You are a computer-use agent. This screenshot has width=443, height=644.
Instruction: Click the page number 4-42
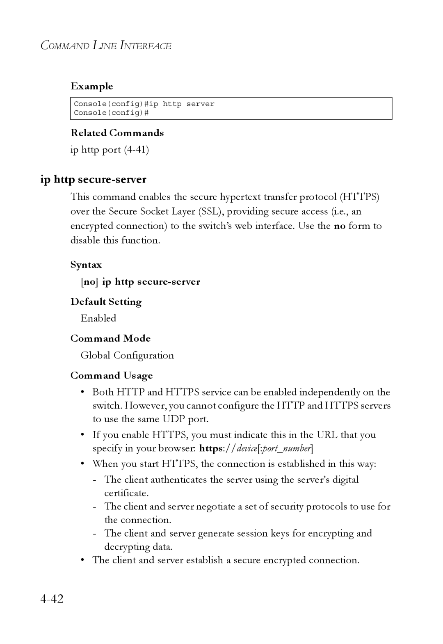[x=52, y=599]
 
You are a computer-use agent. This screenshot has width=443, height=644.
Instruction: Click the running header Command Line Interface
[x=106, y=46]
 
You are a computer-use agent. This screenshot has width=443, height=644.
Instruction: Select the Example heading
[x=91, y=86]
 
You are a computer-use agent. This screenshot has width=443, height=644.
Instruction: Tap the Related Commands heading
[x=117, y=133]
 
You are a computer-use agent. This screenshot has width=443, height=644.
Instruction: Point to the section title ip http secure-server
[x=94, y=179]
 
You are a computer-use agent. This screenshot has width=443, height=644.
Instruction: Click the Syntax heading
[x=86, y=265]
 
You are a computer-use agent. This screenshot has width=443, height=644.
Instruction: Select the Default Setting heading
[x=106, y=302]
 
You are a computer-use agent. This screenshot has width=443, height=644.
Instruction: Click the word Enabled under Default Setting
[x=98, y=318]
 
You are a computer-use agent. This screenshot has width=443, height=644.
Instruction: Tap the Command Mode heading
[x=110, y=338]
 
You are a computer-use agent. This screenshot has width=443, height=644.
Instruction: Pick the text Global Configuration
[x=127, y=355]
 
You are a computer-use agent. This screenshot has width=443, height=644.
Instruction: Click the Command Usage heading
[x=112, y=376]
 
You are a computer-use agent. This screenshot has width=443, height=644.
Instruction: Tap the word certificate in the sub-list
[x=126, y=493]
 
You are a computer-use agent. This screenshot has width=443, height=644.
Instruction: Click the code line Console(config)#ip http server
[x=144, y=104]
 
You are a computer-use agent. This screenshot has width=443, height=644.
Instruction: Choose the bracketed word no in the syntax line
[x=88, y=282]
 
